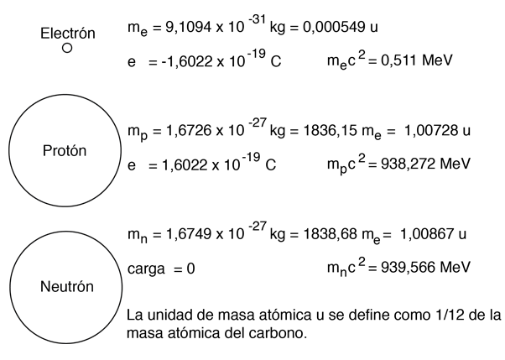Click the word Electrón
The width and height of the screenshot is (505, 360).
pos(68,34)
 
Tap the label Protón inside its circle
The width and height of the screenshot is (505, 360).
pos(65,151)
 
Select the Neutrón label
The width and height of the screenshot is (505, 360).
pos(67,286)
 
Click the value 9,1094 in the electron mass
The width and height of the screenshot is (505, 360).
pos(189,28)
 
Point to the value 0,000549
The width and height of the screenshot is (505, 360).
pos(333,28)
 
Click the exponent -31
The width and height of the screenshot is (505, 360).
pos(257,19)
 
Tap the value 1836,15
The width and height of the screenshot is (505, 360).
pos(331,131)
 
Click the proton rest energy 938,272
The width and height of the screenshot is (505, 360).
pos(408,164)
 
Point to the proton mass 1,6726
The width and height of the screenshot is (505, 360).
pos(189,131)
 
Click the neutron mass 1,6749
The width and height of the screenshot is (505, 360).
pos(189,234)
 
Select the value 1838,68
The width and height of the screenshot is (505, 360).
pos(331,234)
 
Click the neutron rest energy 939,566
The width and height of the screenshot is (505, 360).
pos(408,267)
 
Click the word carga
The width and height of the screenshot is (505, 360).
pos(146,269)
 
